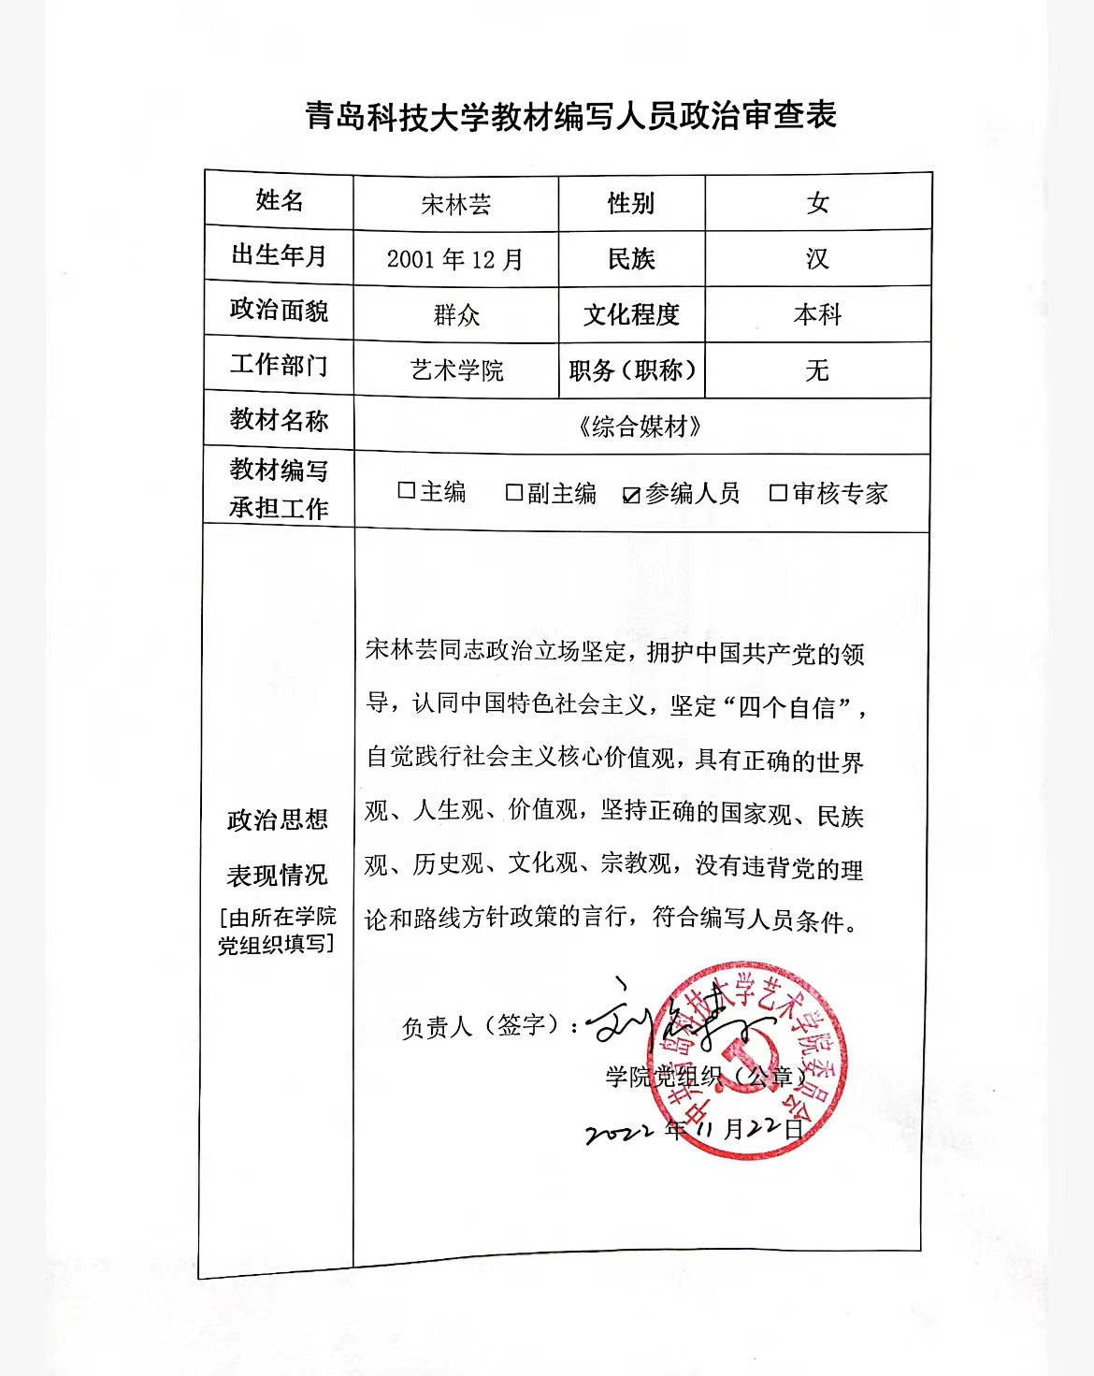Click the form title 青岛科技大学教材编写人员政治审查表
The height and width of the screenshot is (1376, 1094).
570,116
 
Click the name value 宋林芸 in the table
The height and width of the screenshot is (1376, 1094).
455,204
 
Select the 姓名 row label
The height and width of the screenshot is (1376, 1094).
279,200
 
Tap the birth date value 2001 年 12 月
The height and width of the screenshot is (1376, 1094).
455,259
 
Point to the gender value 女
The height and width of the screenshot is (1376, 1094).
818,203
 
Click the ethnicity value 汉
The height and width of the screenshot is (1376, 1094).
817,258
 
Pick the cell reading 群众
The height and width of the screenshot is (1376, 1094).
456,315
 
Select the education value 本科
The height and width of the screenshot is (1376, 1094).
817,314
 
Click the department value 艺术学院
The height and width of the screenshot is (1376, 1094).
456,370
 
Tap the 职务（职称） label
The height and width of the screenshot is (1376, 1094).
632,370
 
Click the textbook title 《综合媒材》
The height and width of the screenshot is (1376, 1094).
641,427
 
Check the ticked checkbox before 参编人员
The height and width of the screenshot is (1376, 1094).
631,495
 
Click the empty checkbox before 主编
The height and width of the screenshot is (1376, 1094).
407,490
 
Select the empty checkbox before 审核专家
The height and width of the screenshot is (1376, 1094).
778,493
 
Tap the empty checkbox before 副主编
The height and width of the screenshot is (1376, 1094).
514,492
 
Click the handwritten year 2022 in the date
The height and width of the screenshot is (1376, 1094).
618,1133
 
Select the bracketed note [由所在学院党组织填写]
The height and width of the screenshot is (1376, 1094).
277,930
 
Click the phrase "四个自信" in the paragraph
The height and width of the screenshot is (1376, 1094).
786,707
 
